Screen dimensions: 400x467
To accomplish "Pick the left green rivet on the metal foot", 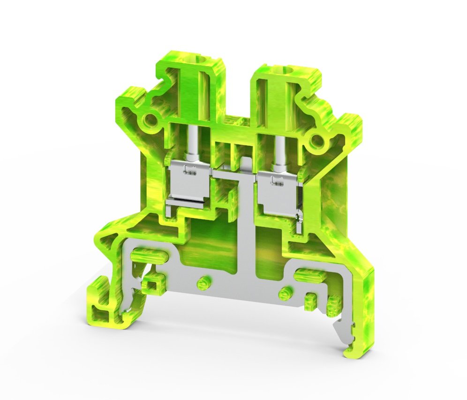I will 203,281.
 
